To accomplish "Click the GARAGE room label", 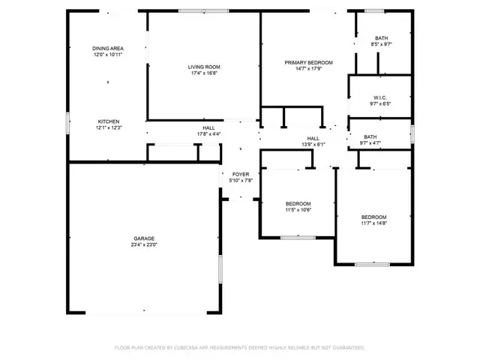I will point(144,238).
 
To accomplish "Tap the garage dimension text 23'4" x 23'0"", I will point(144,244).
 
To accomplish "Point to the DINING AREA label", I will point(108,48).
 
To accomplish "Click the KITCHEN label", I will point(108,121).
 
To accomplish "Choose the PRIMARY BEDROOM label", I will point(308,62).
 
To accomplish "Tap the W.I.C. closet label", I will point(379,97).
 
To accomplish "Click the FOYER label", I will point(240,174).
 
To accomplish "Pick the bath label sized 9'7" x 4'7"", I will point(370,136).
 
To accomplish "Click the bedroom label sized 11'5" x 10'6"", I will point(298,204).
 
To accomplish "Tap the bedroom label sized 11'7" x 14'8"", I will point(373,217).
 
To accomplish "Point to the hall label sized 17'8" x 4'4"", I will point(208,128).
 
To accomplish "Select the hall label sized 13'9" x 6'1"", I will point(313,138).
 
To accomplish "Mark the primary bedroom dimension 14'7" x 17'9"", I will point(308,68).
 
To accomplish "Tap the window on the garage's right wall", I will point(220,268).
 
